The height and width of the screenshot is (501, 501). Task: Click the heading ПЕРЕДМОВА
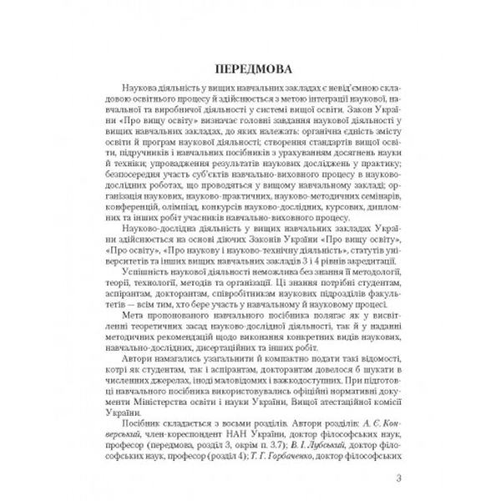[x=250, y=67]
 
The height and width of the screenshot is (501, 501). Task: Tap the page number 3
[x=399, y=478]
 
